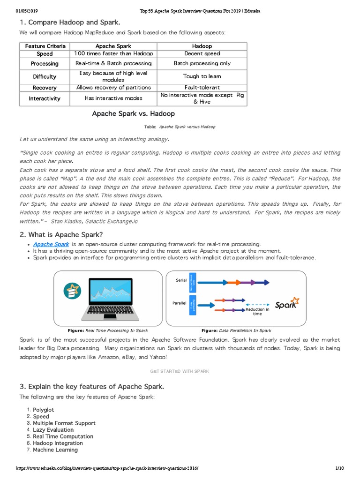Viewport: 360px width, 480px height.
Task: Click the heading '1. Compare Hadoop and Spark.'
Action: coord(70,22)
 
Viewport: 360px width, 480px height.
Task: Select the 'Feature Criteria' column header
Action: coord(45,46)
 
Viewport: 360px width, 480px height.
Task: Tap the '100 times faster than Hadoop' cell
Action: coord(113,54)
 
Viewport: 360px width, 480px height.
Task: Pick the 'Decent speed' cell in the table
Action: coord(202,54)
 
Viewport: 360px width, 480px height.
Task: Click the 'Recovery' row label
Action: coord(45,88)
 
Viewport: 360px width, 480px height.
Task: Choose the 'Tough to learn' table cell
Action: coord(202,76)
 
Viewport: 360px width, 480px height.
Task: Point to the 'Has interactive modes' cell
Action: coord(113,98)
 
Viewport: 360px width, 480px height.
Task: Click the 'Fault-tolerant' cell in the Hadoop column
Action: coord(202,88)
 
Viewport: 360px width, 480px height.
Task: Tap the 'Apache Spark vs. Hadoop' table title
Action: coord(133,114)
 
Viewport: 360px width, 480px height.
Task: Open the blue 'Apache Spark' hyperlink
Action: coord(51,244)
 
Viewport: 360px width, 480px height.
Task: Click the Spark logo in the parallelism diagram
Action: coord(287,304)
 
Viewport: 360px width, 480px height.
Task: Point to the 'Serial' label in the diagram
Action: coord(181,280)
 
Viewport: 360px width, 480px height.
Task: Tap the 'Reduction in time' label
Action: coord(257,311)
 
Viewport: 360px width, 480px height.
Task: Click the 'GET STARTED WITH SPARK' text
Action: coord(180,371)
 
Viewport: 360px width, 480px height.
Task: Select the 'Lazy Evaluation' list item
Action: coord(53,430)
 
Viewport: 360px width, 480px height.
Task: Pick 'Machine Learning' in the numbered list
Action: coord(55,450)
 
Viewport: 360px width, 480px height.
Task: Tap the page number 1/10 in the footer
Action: coord(339,468)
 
